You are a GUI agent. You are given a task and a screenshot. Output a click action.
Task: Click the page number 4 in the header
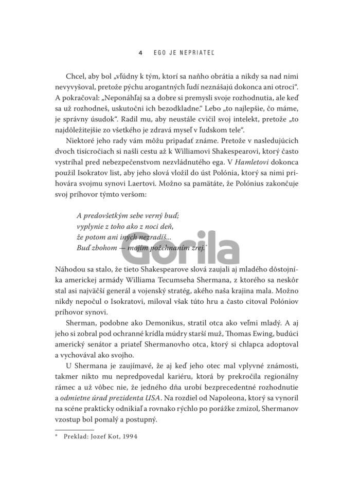[x=140, y=52]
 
